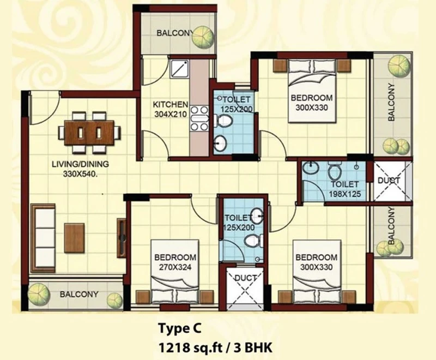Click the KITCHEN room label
171,105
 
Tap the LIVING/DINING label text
80,164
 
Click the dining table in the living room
89,133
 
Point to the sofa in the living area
43,238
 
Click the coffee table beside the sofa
75,238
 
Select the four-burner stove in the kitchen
199,119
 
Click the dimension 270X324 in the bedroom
175,267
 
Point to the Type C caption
180,328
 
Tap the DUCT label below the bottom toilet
246,278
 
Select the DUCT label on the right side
389,181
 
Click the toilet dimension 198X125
345,194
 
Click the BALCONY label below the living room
79,294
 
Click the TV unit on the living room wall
122,238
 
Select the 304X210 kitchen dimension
171,114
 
